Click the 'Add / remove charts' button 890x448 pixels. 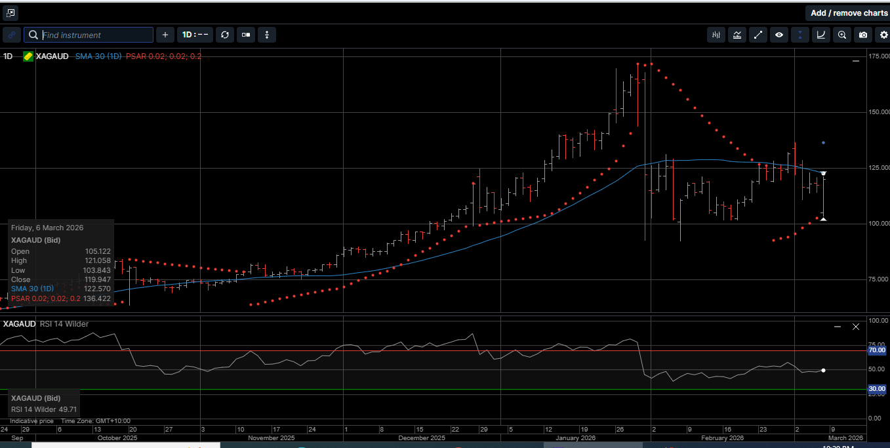(848, 13)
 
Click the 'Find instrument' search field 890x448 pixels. (96, 35)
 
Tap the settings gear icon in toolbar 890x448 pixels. (883, 35)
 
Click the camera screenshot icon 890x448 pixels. (863, 35)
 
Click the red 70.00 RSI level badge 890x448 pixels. (877, 350)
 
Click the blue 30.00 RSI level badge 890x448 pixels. (877, 389)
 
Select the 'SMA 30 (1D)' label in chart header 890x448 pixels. (98, 56)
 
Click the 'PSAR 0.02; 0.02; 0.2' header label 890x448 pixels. (163, 56)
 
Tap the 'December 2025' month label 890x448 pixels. (422, 438)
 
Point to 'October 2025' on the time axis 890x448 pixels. (117, 438)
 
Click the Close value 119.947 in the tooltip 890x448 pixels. (98, 279)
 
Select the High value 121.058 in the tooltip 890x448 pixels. (98, 260)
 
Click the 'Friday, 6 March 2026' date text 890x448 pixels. (47, 228)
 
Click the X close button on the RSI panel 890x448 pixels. (855, 326)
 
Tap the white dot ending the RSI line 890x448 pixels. (823, 370)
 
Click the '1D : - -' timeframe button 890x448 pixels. (195, 35)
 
